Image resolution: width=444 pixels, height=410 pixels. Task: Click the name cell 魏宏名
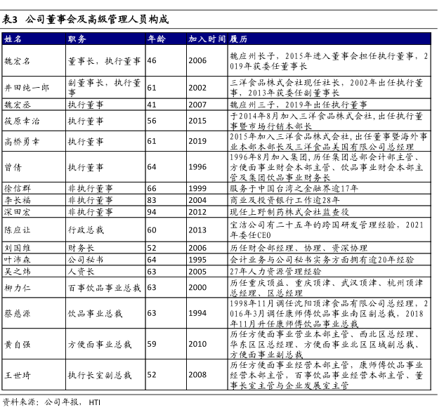[x=18, y=61]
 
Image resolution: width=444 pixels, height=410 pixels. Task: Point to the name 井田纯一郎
[x=27, y=88]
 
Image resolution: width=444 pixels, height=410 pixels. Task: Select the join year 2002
[x=197, y=88]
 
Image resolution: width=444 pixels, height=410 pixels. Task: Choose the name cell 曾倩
[x=13, y=167]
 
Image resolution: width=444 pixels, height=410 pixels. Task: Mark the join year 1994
[x=197, y=314]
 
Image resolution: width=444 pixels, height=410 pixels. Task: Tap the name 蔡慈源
[x=18, y=314]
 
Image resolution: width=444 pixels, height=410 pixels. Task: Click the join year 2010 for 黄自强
[x=197, y=345]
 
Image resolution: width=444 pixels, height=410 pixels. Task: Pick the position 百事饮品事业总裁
[x=104, y=288]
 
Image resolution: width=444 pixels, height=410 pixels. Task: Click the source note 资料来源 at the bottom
[x=22, y=402]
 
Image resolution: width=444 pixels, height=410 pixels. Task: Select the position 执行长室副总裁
[x=99, y=376]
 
